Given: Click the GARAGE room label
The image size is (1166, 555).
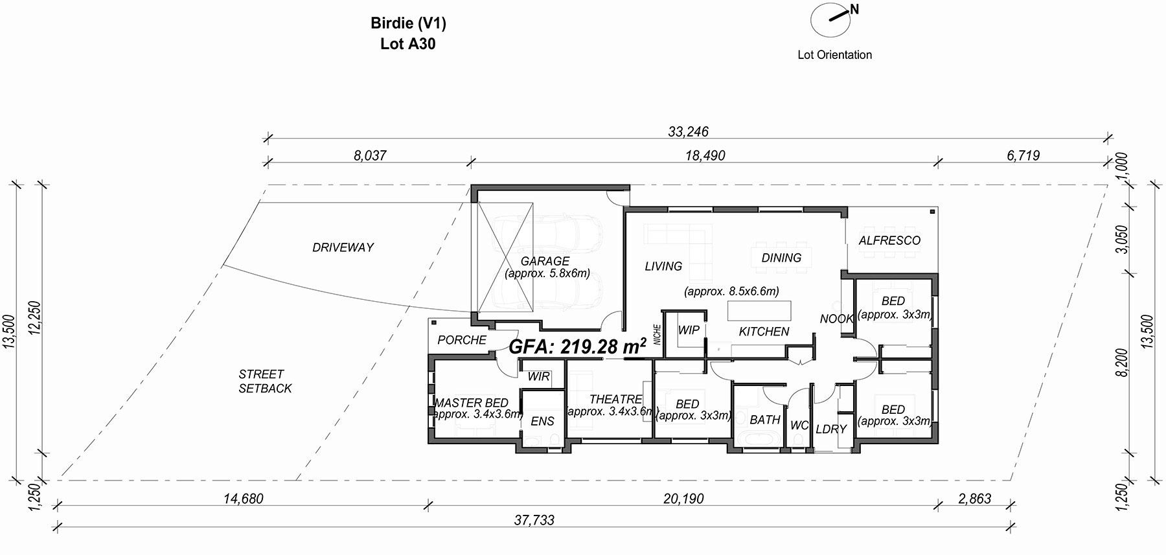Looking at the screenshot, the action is click(545, 261).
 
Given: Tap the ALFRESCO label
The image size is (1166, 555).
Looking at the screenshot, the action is click(889, 240).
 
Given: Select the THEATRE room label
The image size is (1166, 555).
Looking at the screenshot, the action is click(615, 399).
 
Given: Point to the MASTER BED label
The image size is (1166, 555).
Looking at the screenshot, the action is click(471, 403).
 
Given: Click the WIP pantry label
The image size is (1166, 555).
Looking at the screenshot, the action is click(689, 330).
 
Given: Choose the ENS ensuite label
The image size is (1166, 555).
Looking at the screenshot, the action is click(542, 421).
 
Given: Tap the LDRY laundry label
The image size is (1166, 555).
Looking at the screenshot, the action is click(831, 429).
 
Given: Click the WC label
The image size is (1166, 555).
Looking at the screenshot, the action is click(799, 425).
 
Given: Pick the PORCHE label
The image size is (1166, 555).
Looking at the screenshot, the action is click(462, 340).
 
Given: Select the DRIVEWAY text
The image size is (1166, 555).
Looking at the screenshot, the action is click(343, 247).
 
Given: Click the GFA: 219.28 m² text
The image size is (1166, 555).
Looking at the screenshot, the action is click(578, 346).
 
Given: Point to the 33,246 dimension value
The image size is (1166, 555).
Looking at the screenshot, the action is click(688, 131).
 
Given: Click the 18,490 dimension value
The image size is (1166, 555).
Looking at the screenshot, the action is click(705, 155).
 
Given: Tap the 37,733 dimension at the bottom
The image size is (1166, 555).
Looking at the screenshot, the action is click(534, 520).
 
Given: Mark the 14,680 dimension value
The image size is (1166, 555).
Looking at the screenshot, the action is click(243, 499).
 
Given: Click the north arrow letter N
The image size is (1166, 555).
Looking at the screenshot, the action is click(854, 9).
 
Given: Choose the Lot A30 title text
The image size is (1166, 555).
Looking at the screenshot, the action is click(408, 44).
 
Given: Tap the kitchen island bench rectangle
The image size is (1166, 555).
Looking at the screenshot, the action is click(760, 310).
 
